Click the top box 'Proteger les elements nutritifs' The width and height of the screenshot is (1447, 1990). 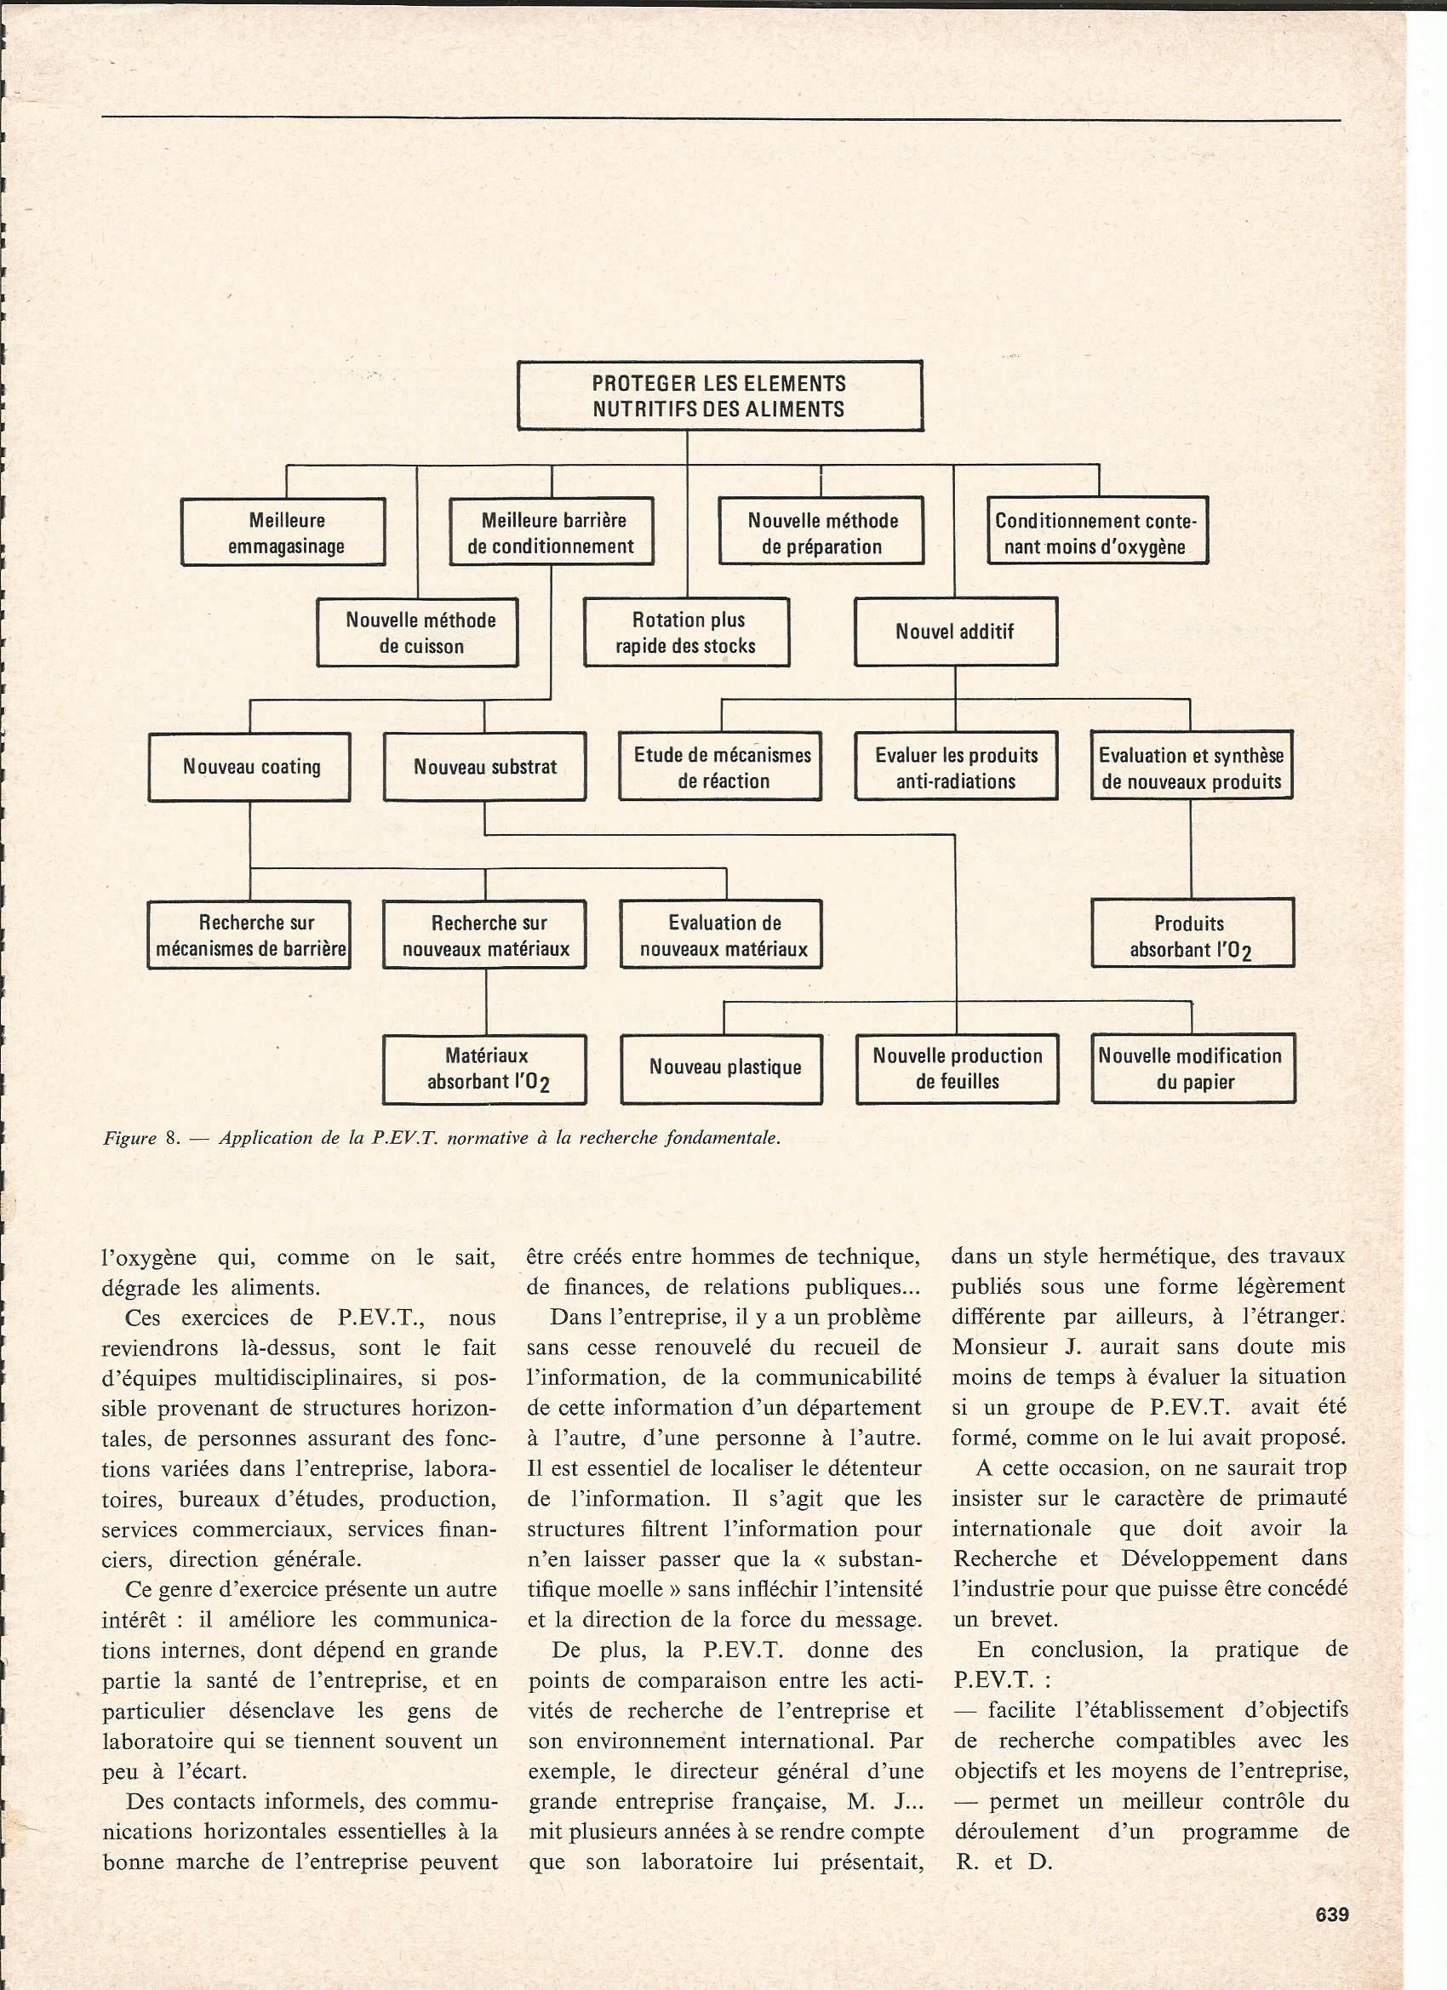tap(719, 396)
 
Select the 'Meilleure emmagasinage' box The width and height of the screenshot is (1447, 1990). tap(283, 533)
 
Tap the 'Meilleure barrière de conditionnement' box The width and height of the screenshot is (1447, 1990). tap(551, 533)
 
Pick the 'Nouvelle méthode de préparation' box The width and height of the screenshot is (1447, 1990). tap(821, 533)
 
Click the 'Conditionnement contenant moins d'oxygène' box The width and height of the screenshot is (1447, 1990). tap(1097, 533)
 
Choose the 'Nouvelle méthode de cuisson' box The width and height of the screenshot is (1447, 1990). tap(418, 632)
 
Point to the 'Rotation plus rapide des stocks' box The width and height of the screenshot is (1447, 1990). tap(686, 632)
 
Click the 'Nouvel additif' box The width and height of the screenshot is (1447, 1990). tap(956, 632)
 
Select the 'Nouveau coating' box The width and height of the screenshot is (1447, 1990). tap(250, 767)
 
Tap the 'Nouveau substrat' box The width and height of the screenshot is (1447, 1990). tap(484, 767)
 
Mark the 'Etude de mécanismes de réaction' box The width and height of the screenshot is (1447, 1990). tap(720, 767)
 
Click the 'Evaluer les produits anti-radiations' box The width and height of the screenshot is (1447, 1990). tap(956, 767)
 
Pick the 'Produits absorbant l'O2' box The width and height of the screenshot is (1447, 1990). tap(1192, 935)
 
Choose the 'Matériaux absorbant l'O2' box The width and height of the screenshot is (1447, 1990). tap(485, 1069)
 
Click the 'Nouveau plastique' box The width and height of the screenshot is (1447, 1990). tap(721, 1069)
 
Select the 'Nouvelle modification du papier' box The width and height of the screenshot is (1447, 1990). tap(1192, 1069)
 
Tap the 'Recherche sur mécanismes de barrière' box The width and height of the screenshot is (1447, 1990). tap(250, 935)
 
